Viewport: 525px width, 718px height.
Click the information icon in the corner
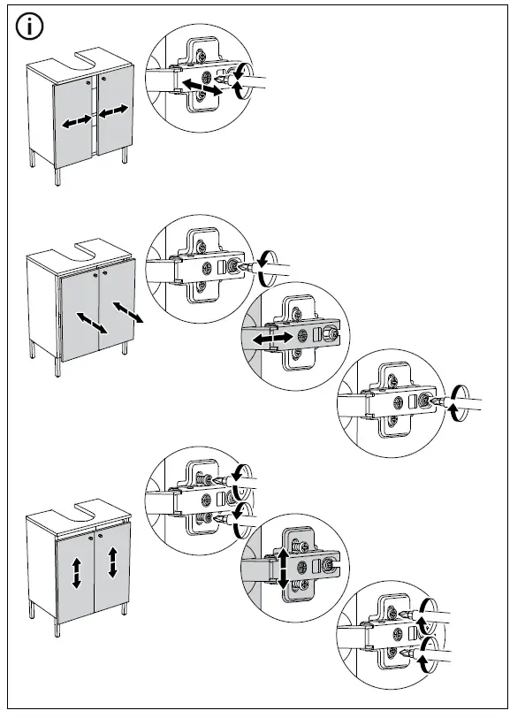coord(30,27)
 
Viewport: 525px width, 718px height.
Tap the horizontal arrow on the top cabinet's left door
coord(76,122)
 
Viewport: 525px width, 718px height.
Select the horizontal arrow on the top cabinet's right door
coord(114,112)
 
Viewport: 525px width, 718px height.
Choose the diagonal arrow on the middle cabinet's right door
coord(127,310)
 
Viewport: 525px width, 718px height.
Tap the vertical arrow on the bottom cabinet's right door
coord(113,561)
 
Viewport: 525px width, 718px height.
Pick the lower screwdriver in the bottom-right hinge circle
coord(429,655)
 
